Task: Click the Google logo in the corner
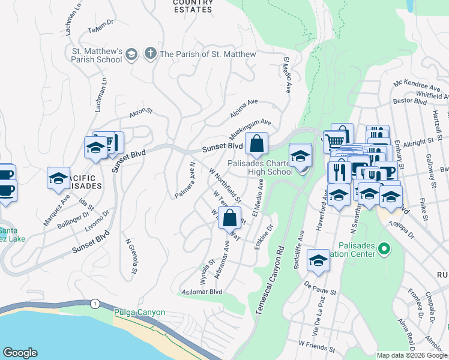pos(20,353)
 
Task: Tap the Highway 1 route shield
pos(95,304)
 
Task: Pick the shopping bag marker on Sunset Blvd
pos(256,144)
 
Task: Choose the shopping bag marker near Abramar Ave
pos(229,218)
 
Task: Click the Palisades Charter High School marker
pos(300,156)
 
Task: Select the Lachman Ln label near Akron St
pos(101,95)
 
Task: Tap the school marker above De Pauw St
pos(318,260)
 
